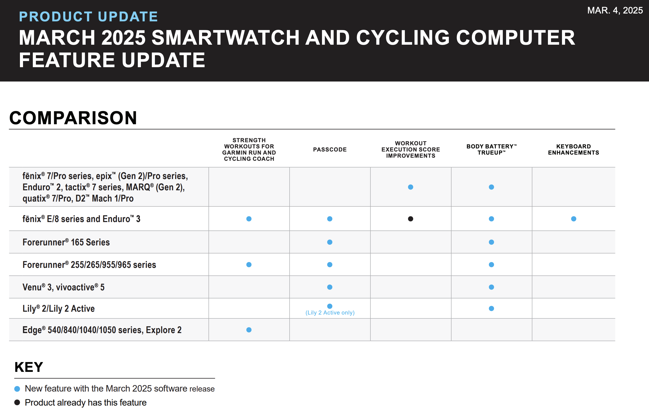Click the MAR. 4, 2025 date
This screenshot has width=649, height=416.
coord(615,10)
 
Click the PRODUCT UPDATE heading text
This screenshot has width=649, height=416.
coord(88,17)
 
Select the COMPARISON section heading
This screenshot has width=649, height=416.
coord(73,118)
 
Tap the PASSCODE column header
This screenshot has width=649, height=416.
coord(330,150)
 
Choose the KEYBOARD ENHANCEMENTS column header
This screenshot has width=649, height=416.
coord(573,150)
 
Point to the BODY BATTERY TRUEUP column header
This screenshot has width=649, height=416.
coord(491,150)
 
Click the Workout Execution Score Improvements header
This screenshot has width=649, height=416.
coord(410,150)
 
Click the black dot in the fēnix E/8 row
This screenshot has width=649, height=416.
coord(410,219)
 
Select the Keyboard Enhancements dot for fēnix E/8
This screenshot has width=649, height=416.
coord(573,219)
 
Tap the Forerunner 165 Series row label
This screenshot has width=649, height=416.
coord(66,242)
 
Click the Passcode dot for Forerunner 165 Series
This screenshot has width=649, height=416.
coord(330,242)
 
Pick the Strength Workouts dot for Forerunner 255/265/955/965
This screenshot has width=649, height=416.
coord(249,264)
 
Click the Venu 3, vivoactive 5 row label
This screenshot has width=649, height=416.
coord(63,287)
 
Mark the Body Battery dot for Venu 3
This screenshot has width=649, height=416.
coord(491,287)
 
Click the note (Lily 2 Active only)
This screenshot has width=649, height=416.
coord(330,313)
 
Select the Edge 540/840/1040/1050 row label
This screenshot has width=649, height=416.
coord(102,330)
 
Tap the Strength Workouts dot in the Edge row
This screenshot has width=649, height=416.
coord(249,330)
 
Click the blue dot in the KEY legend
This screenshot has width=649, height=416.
coord(17,389)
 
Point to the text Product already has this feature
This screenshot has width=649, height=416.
coord(86,403)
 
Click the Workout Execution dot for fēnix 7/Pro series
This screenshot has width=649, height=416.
coord(410,187)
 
